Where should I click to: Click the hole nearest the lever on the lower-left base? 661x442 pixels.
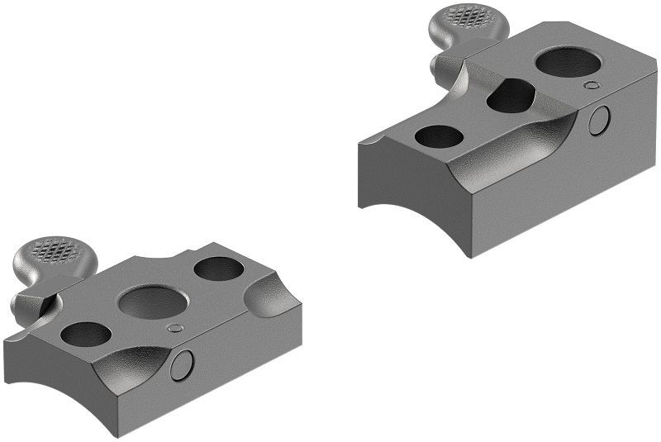pyautogui.click(x=85, y=334)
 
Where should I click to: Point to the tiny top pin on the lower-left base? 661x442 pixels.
pyautogui.click(x=174, y=328)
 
